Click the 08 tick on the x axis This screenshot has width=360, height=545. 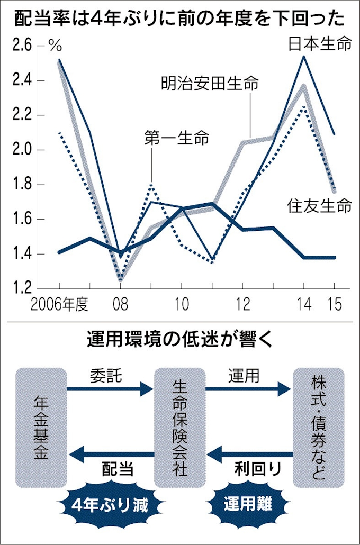(x=121, y=305)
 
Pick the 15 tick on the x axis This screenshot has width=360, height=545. (x=334, y=305)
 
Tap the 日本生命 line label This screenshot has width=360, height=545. (x=320, y=44)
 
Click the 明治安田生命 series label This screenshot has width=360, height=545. (x=210, y=83)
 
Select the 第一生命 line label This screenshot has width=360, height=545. (x=176, y=139)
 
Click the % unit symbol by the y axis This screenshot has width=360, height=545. (x=55, y=47)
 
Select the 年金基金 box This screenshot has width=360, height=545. (x=41, y=428)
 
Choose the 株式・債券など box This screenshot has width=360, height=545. (x=318, y=428)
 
